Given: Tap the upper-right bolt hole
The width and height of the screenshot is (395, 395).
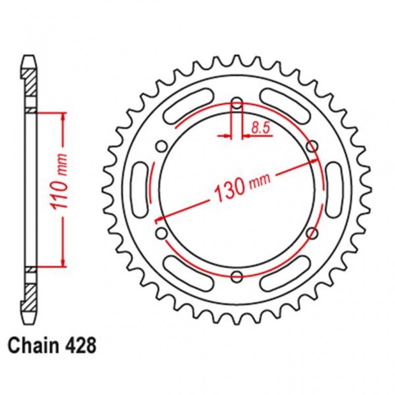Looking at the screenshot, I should [312, 146].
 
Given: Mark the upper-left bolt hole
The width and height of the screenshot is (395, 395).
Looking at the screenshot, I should [161, 146].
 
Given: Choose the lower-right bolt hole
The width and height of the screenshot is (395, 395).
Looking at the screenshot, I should [312, 233].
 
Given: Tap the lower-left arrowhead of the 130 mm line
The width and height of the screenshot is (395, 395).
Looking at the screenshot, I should [159, 218].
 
